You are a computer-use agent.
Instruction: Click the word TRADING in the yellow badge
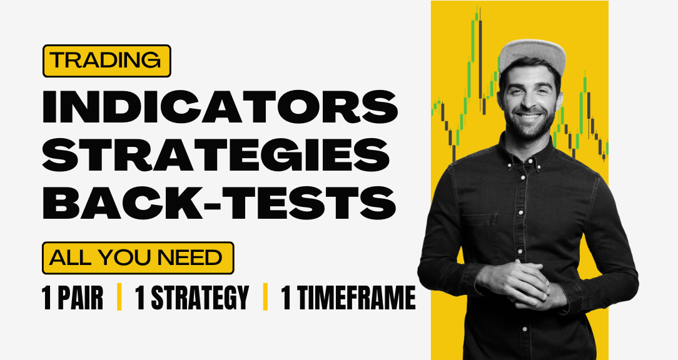coord(107,61)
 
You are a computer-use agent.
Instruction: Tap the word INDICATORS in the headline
coord(220,107)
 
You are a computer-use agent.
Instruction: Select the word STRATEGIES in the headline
coord(216,155)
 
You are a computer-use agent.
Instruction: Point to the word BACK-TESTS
coord(220,202)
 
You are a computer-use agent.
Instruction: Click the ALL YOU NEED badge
coord(138,258)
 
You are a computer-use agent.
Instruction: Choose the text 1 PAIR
coord(72,297)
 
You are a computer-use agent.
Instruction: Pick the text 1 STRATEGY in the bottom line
coord(193,297)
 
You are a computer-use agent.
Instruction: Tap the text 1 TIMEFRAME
coord(348,297)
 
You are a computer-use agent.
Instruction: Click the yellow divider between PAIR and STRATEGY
coord(119,297)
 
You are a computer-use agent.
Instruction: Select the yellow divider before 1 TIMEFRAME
coord(265,297)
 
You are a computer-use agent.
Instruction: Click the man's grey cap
coord(532,55)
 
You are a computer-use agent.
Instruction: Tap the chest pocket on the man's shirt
coord(480,237)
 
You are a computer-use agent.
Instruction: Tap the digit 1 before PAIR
coord(47,297)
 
